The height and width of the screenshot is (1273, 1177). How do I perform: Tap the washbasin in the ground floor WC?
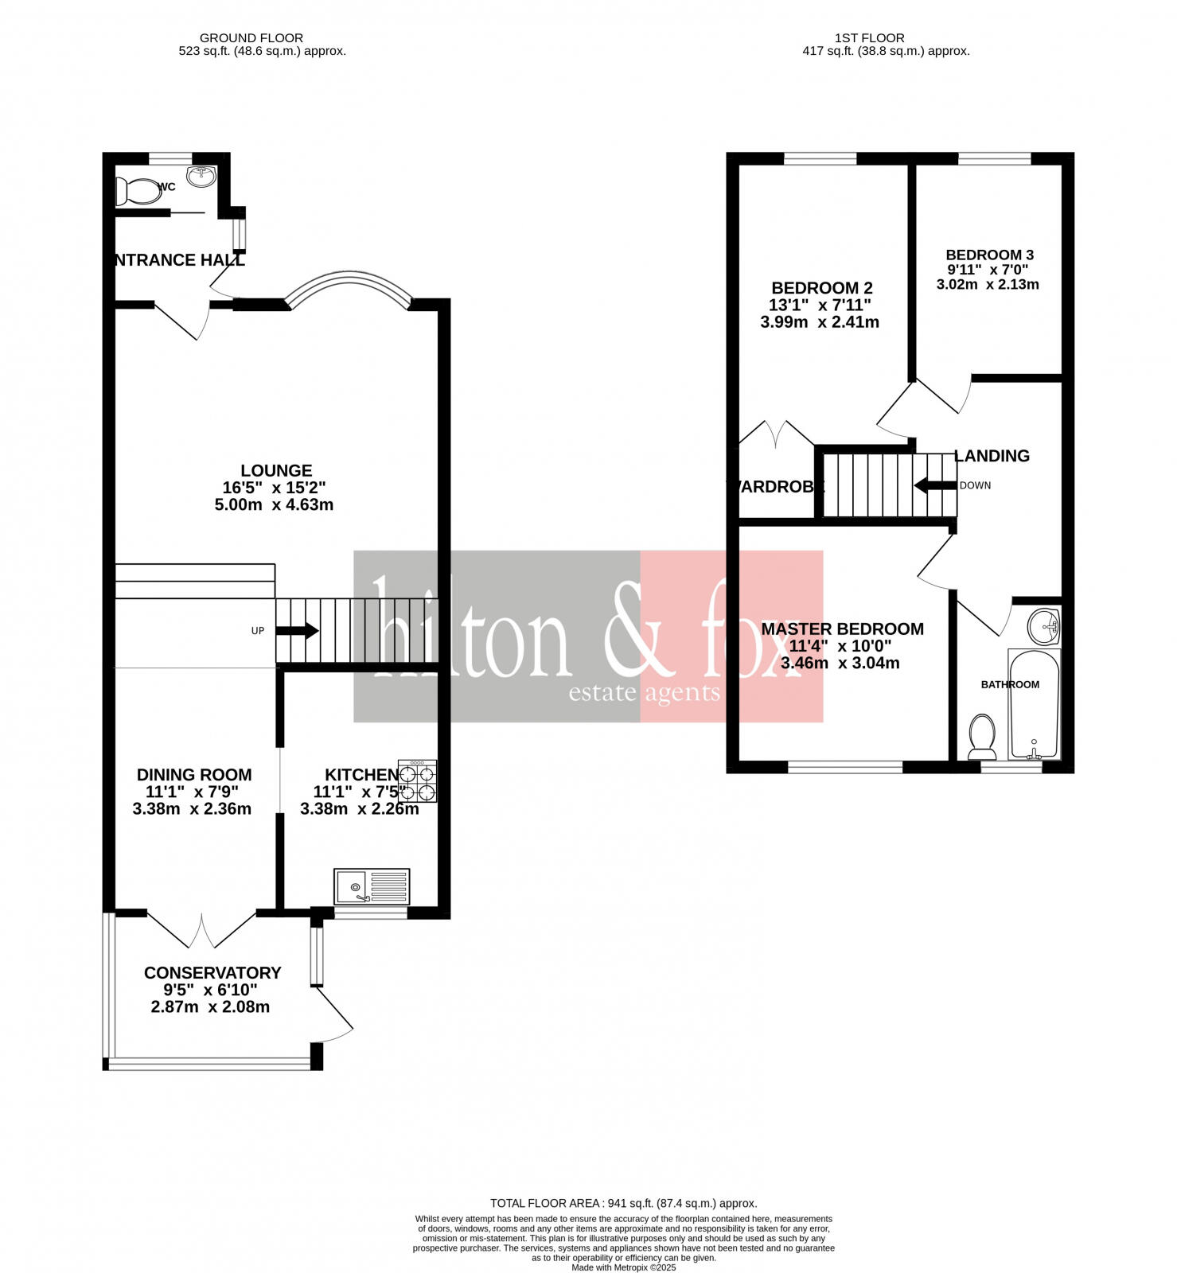(x=201, y=177)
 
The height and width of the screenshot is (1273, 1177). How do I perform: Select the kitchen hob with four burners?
(x=418, y=781)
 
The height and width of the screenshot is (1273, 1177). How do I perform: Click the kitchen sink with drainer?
(x=372, y=886)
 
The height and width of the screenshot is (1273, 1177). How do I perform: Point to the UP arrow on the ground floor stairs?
(x=297, y=631)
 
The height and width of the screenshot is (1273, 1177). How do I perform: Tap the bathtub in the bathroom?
(x=1034, y=704)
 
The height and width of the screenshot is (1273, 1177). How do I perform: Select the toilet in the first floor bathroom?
(x=982, y=737)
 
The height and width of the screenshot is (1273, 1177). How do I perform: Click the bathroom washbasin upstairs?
(x=1043, y=627)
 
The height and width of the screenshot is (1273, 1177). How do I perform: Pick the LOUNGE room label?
(x=276, y=470)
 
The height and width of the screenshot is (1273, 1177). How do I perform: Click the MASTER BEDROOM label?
(x=842, y=629)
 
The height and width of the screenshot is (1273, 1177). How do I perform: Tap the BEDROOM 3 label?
(x=989, y=255)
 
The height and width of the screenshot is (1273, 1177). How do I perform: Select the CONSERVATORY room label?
(x=212, y=972)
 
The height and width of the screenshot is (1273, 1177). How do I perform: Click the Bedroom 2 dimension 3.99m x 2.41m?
(x=820, y=322)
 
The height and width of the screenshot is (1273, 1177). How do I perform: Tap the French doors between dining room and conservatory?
(x=201, y=931)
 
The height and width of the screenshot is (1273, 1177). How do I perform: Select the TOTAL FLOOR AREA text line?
(x=623, y=1203)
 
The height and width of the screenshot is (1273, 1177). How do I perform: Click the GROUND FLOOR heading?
(x=251, y=37)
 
